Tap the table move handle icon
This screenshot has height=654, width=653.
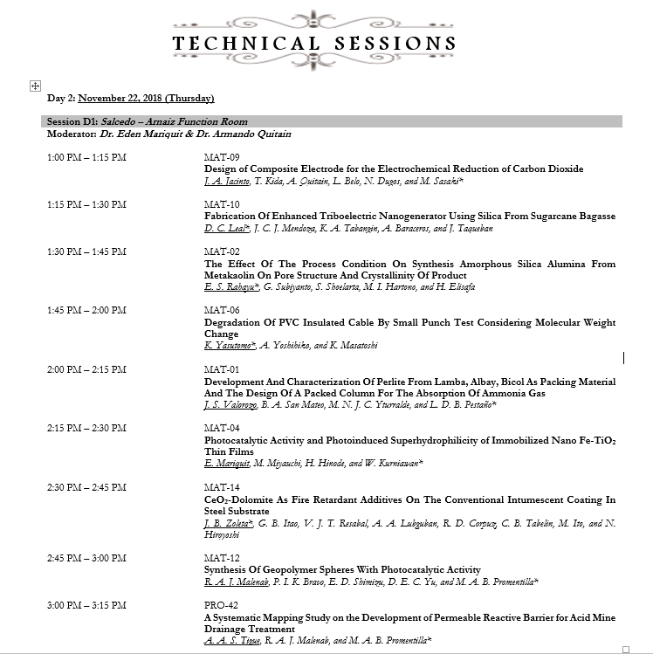[x=35, y=86]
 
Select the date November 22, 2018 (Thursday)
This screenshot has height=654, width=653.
[x=146, y=99]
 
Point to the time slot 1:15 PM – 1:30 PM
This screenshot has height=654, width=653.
[x=86, y=204]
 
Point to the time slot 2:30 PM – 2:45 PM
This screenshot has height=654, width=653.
[x=86, y=487]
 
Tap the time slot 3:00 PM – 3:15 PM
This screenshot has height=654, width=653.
[x=86, y=605]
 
